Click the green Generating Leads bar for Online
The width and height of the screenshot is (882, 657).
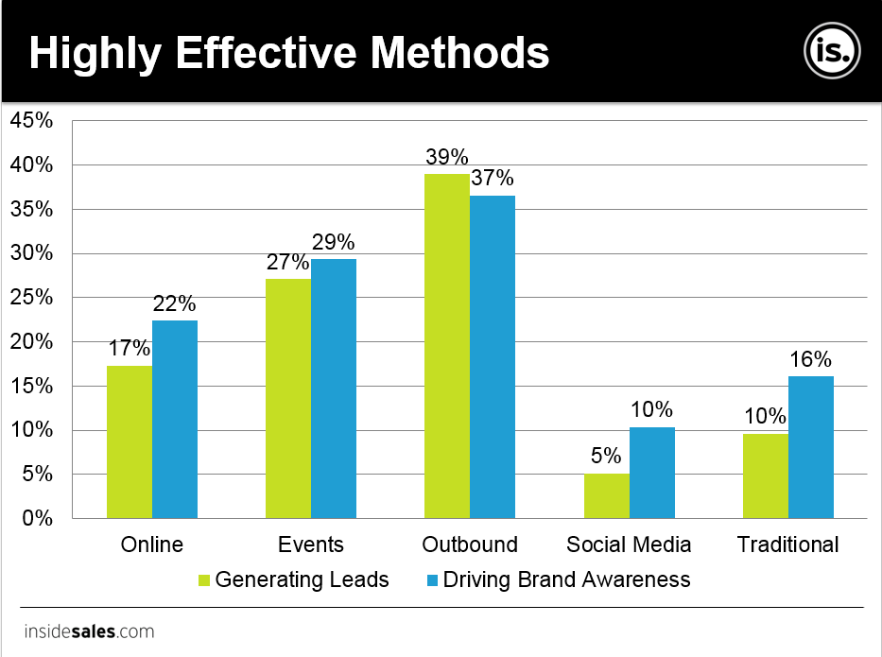coord(129,441)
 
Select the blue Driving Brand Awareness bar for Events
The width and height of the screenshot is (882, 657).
coord(334,389)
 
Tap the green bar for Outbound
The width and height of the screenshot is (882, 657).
coord(446,346)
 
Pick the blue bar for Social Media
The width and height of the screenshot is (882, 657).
coord(651,473)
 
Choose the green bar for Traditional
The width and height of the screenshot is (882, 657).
coord(765,475)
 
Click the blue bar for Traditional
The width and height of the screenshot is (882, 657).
coord(810,447)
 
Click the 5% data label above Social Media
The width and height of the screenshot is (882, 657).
coord(606,457)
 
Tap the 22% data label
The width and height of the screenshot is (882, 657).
coord(175,303)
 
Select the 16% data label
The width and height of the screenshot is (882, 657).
coord(810,359)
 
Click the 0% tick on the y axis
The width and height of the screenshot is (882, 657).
coord(37,518)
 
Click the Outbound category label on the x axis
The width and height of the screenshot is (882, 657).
coord(470,545)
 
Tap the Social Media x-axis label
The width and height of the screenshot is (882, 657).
coord(629,545)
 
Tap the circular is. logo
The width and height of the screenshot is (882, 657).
coord(833,51)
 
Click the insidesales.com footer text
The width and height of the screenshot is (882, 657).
coord(89,631)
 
